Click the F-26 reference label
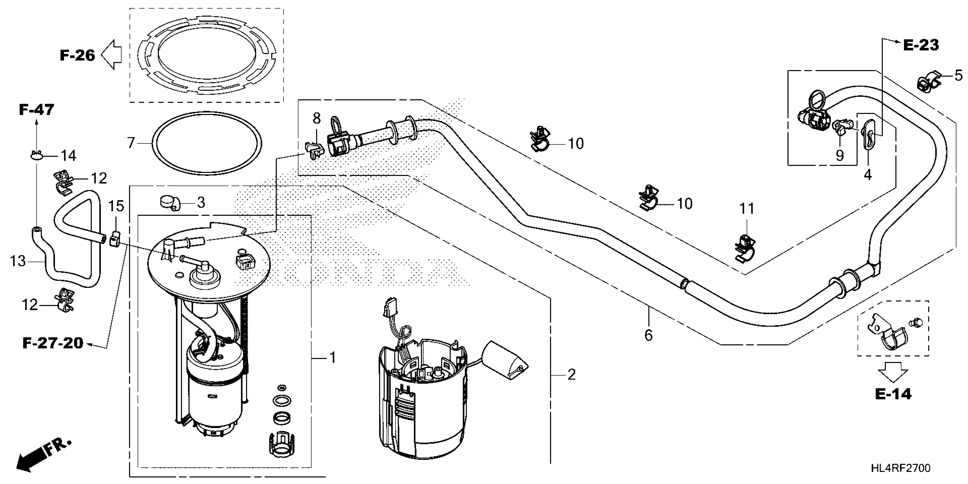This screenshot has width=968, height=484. point(77,55)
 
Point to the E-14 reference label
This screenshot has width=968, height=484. point(893,394)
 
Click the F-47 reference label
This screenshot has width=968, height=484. point(36,110)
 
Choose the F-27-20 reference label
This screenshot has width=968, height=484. point(53,343)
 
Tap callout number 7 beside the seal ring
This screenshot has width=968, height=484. point(131,143)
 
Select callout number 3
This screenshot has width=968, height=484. point(201,202)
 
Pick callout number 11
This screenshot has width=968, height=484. point(747,209)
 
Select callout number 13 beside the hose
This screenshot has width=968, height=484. point(18,261)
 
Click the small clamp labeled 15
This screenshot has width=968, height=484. point(115,240)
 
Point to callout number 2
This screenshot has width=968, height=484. point(571,374)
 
